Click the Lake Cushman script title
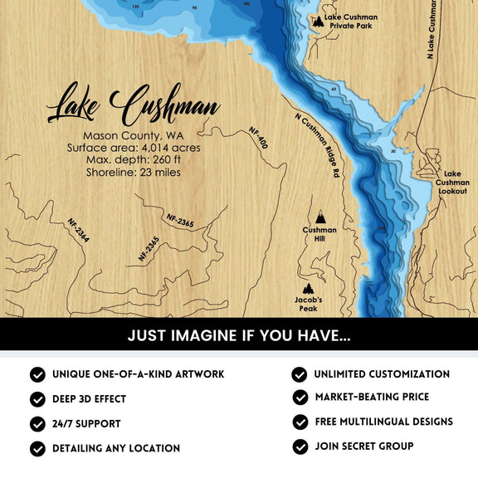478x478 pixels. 133,105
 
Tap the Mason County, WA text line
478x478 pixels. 133,135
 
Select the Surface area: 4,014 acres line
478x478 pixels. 133,148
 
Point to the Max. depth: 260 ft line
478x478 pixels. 133,160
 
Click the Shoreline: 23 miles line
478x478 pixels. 133,173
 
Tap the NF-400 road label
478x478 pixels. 259,138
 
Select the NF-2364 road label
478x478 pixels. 79,232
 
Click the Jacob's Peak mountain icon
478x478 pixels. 309,288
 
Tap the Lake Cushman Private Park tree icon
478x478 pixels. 318,22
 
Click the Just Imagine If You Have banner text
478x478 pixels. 239,337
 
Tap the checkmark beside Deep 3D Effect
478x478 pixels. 37,399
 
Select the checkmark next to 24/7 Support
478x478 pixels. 37,423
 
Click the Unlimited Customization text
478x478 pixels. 381,374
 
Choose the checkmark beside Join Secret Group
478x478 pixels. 300,446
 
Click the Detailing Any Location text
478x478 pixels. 115,448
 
